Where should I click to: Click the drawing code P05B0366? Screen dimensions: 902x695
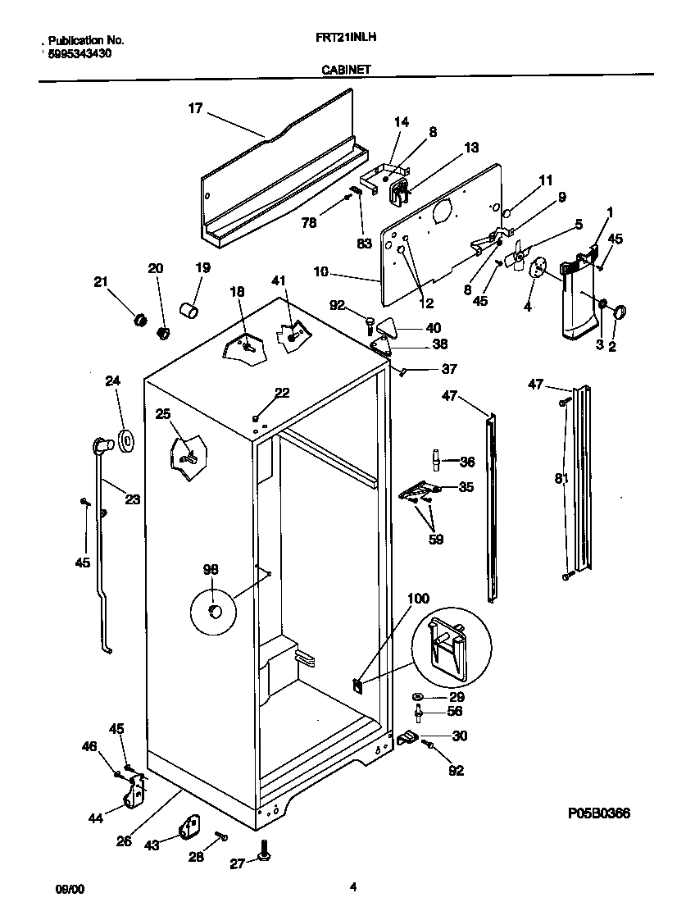tap(598, 813)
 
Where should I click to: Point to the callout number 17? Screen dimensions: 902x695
tap(194, 107)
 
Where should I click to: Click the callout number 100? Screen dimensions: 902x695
tap(417, 599)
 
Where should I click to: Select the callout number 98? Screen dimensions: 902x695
tap(211, 568)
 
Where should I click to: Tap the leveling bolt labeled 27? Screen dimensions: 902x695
tap(266, 853)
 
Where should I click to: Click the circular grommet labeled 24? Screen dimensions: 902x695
tap(125, 440)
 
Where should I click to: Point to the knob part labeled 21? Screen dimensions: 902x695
tap(139, 318)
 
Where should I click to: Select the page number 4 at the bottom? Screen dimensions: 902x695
tap(352, 886)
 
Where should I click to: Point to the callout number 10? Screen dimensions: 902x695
tap(322, 270)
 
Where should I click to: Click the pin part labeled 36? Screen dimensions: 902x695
tap(436, 462)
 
